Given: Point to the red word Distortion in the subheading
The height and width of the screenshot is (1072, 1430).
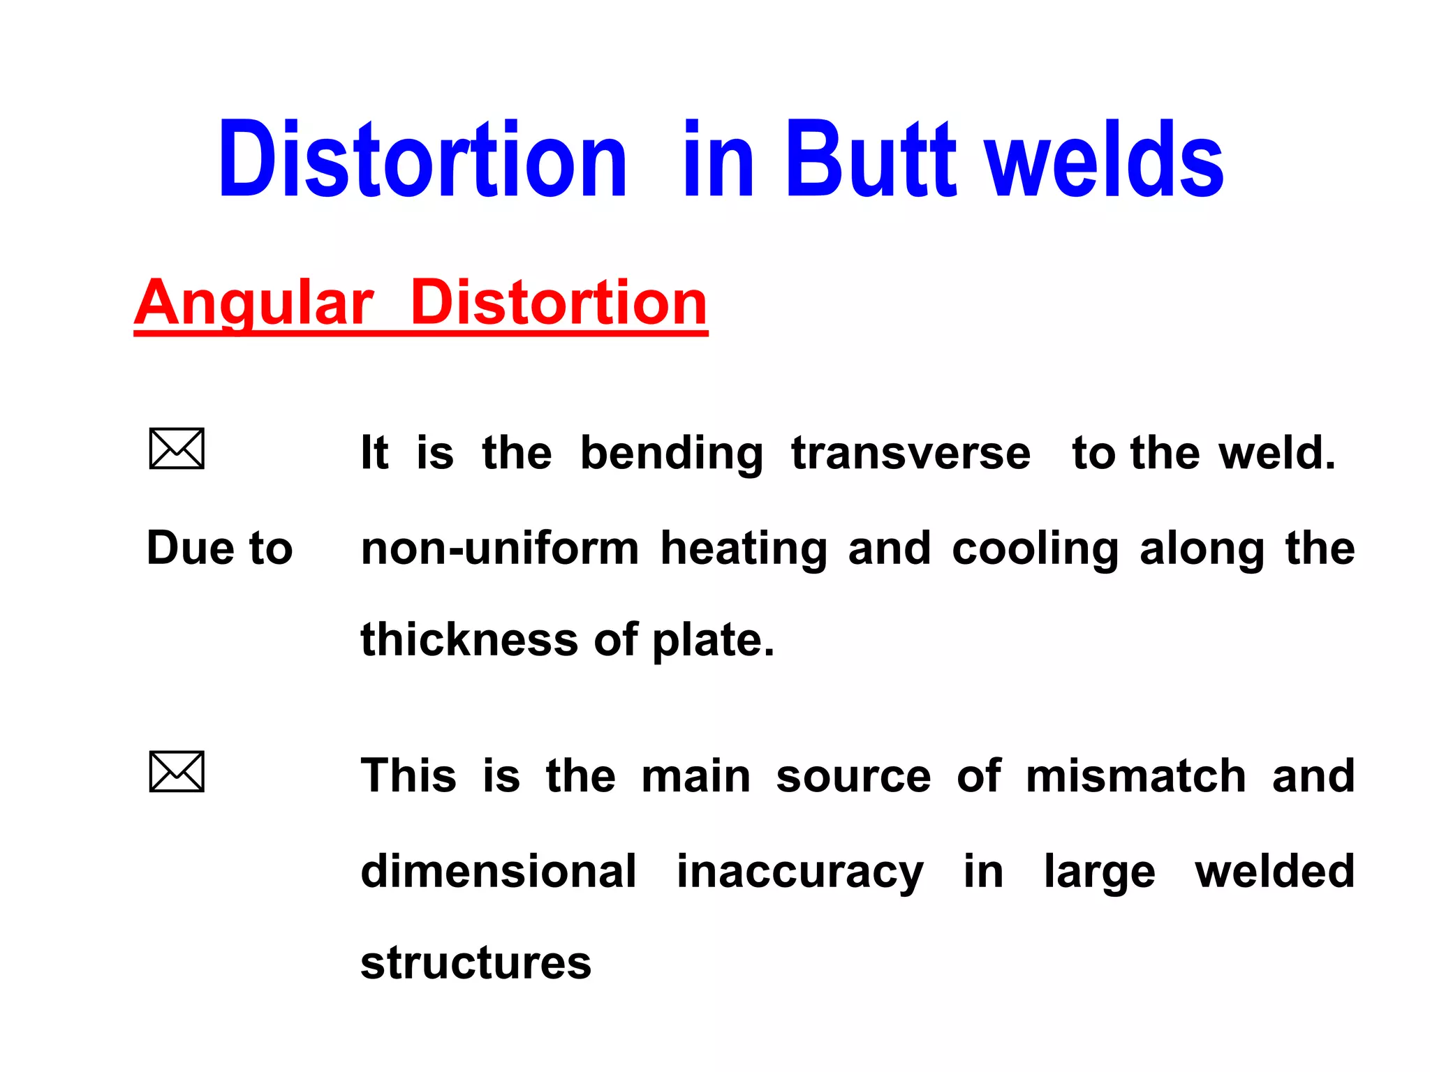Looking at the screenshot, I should click(x=559, y=303).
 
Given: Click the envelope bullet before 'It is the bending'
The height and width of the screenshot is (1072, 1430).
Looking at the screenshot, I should click(x=177, y=449).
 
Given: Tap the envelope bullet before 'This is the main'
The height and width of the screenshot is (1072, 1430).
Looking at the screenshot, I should click(x=177, y=772).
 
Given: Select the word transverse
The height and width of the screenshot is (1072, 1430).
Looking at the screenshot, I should click(x=911, y=453).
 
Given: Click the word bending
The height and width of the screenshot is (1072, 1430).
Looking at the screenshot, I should click(x=672, y=454).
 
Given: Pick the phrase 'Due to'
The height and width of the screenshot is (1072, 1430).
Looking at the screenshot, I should click(x=219, y=548).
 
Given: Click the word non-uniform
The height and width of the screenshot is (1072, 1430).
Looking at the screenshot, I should click(x=500, y=549).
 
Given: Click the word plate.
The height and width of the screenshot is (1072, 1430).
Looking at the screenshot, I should click(x=712, y=641).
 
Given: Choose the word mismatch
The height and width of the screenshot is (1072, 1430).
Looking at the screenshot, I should click(x=1135, y=776).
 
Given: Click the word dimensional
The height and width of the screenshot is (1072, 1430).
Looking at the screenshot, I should click(x=499, y=871).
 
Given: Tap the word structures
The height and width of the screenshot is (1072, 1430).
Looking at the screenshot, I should click(x=476, y=963).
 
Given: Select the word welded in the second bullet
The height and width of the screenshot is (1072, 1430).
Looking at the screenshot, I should click(x=1274, y=871).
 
